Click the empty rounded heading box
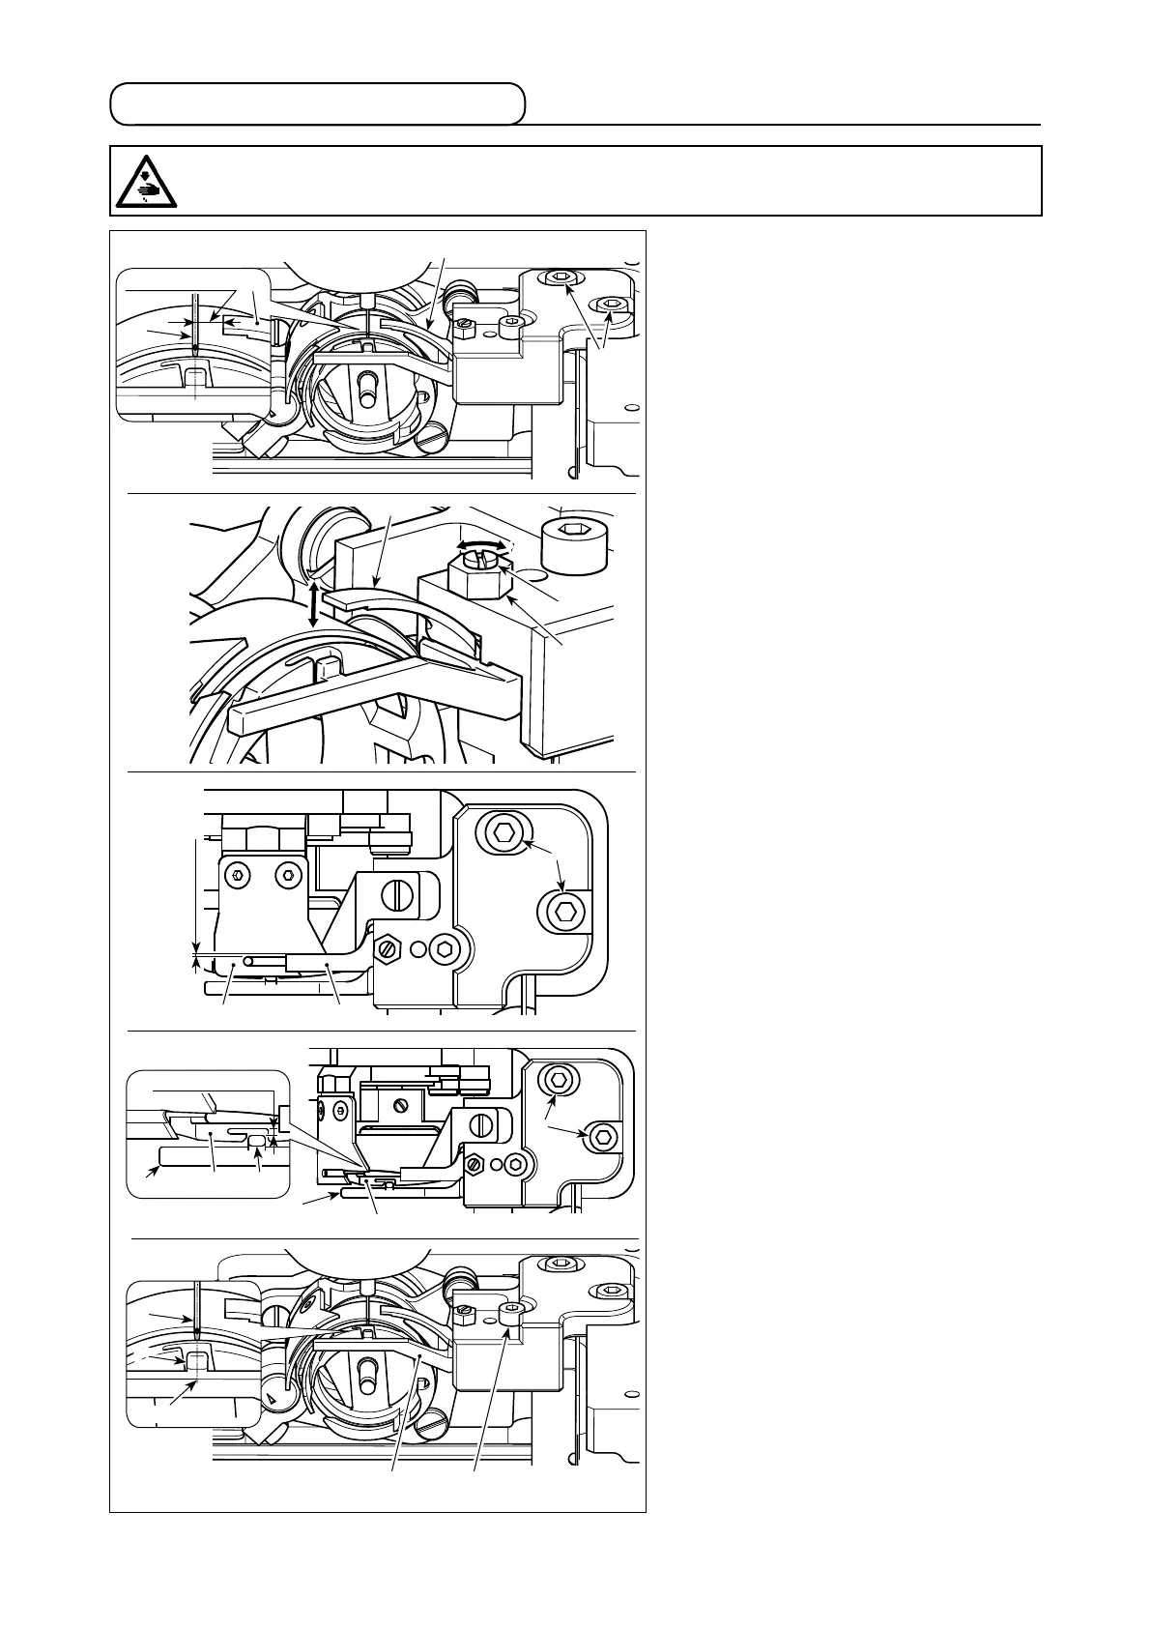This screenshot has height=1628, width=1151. (317, 103)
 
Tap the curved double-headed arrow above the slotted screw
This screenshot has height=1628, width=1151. (481, 546)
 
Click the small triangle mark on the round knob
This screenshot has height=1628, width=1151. (272, 1399)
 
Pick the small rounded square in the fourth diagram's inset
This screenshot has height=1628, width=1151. (257, 1143)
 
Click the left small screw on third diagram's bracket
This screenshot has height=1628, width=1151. (238, 875)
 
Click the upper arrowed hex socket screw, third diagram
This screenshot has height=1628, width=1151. (504, 831)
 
